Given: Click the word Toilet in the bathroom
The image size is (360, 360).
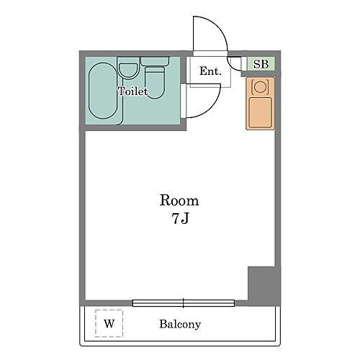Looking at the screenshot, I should (x=133, y=91).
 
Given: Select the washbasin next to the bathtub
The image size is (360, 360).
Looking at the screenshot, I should (x=129, y=71).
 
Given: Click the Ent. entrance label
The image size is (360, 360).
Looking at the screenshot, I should (x=210, y=71).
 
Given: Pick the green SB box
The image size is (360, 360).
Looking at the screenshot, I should (x=261, y=64).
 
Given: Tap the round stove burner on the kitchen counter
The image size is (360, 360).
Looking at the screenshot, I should (x=261, y=87).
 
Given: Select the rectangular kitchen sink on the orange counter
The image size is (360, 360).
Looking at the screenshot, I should (x=260, y=112).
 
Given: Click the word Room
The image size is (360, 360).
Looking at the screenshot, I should (x=179, y=200).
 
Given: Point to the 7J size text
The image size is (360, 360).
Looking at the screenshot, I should (x=179, y=219).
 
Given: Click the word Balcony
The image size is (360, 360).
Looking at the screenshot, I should (x=179, y=324).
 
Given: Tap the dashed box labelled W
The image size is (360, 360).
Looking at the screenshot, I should (x=109, y=323).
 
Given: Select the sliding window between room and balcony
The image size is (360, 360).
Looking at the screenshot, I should (x=184, y=302).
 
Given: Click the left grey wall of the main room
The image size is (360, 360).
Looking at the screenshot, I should (x=82, y=216).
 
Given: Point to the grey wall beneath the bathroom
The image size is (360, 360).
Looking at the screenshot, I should (x=133, y=127).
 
